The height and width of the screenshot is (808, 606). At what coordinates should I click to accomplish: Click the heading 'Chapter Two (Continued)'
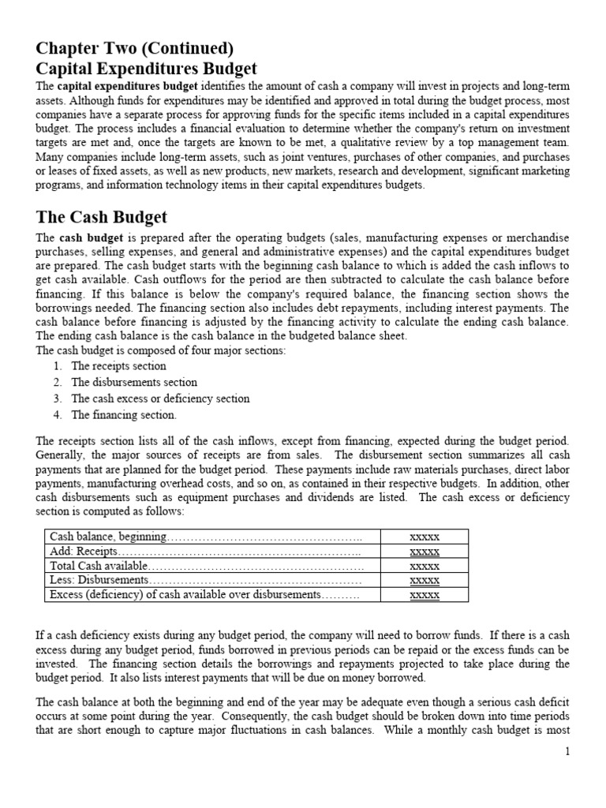(x=134, y=47)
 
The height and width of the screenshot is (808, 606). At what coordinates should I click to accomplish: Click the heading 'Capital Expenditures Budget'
(x=147, y=69)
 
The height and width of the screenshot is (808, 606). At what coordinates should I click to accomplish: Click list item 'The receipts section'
(x=118, y=366)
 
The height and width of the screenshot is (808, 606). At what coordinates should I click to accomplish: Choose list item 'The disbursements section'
(x=134, y=383)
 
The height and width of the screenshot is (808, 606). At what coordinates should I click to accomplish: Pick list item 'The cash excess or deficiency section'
(x=160, y=398)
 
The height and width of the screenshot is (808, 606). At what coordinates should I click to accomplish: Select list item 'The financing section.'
(x=124, y=415)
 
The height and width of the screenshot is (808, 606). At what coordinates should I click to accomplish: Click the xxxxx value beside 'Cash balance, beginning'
(x=425, y=537)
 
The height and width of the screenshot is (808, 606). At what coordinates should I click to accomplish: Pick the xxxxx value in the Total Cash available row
(x=425, y=566)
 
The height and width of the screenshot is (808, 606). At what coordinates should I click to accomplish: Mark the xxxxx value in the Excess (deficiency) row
(x=425, y=594)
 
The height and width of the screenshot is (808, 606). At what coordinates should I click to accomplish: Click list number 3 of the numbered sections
(x=58, y=398)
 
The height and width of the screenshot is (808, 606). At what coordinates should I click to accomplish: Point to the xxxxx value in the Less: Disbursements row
(x=425, y=580)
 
